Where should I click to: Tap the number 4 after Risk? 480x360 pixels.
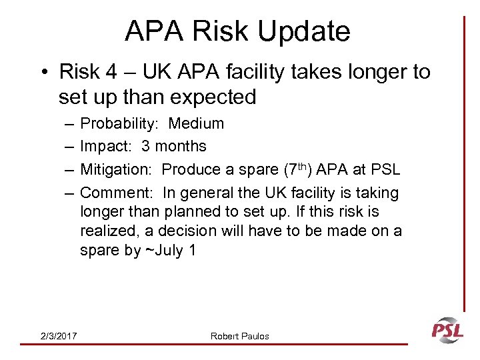[x=138, y=71]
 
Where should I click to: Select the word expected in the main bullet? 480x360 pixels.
[x=214, y=97]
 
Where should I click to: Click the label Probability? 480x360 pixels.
[x=119, y=124]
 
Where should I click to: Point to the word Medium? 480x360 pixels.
[x=196, y=124]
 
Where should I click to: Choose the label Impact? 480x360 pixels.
[x=106, y=146]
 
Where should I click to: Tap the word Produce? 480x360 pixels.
[x=192, y=169]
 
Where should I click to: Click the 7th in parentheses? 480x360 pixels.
[x=290, y=169]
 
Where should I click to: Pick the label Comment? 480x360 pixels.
[x=117, y=193]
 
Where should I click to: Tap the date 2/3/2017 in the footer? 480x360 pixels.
[x=58, y=336]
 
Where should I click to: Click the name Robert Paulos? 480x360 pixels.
[x=240, y=336]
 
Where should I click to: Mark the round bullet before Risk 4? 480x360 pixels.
[x=44, y=72]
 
